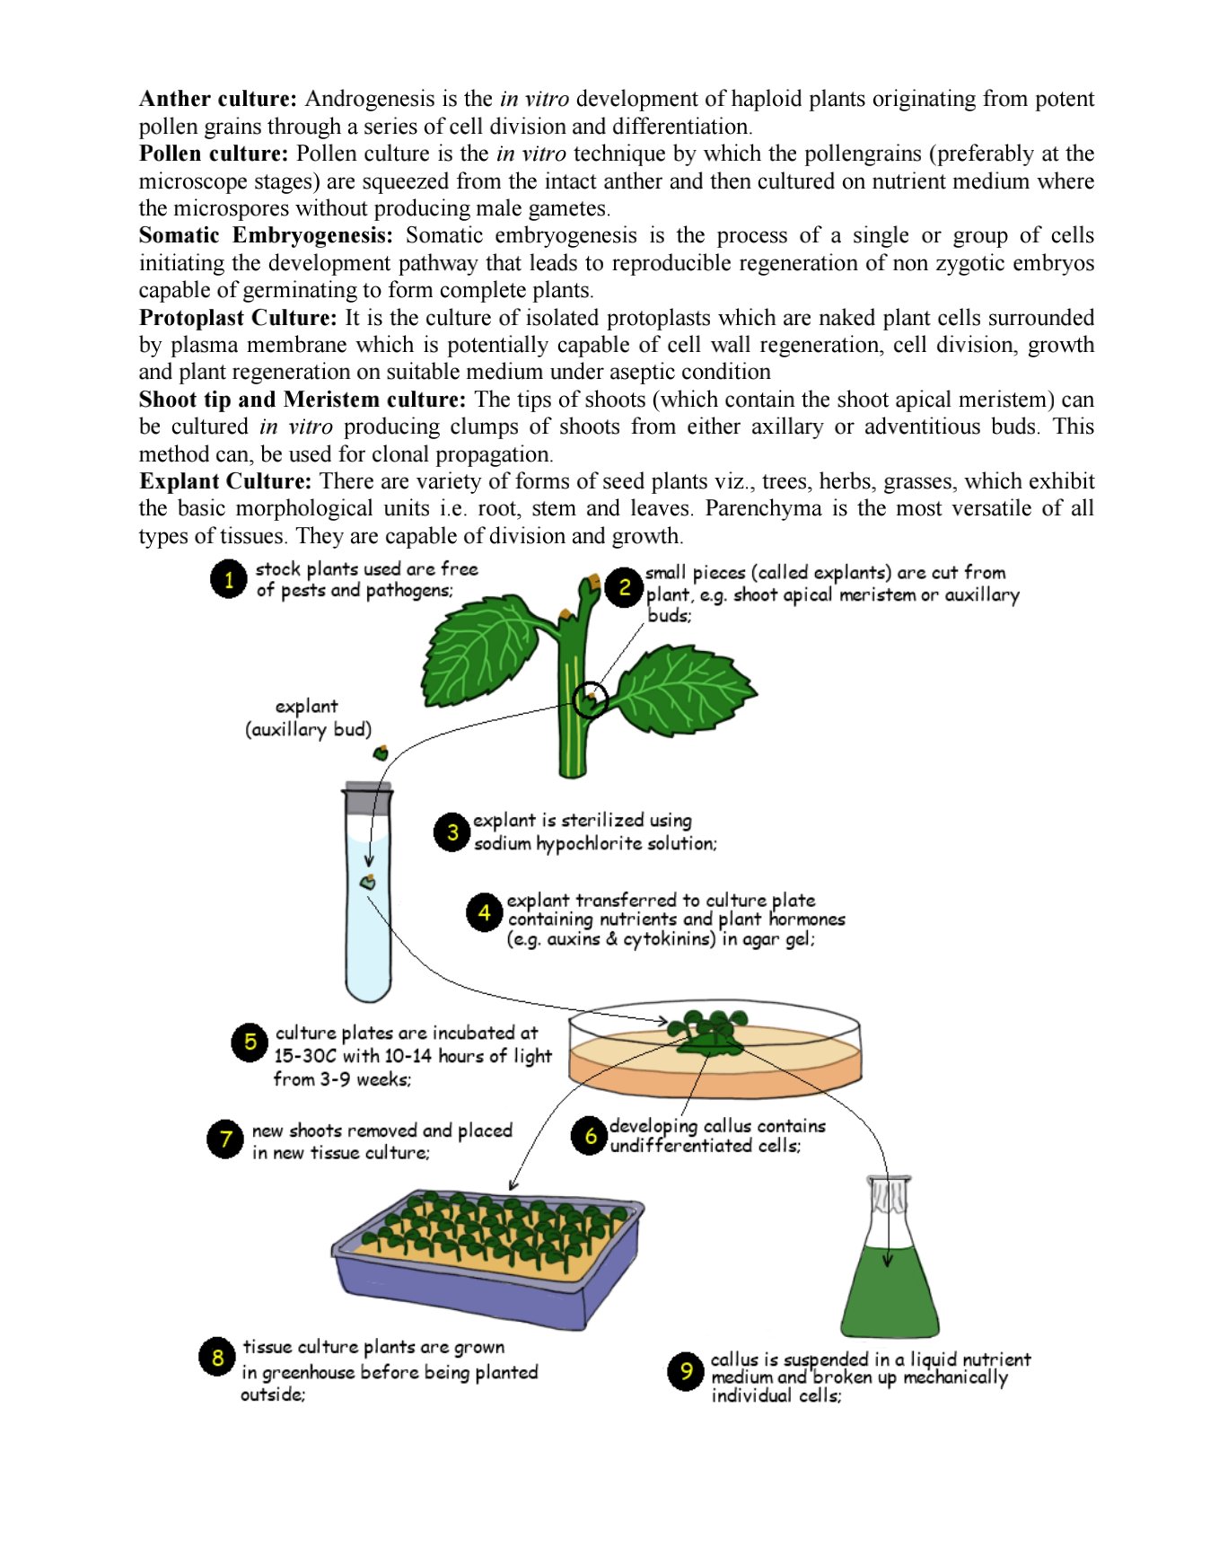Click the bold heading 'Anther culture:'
217,99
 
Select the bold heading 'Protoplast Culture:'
238,318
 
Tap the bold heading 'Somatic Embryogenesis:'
266,235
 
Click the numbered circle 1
229,579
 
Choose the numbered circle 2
625,588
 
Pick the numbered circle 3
452,832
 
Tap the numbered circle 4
485,913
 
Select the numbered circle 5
250,1043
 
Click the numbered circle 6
590,1136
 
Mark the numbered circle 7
225,1139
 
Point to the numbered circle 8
217,1357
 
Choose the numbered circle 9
686,1371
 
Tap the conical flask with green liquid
889,1275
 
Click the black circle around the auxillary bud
590,699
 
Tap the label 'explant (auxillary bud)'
308,718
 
